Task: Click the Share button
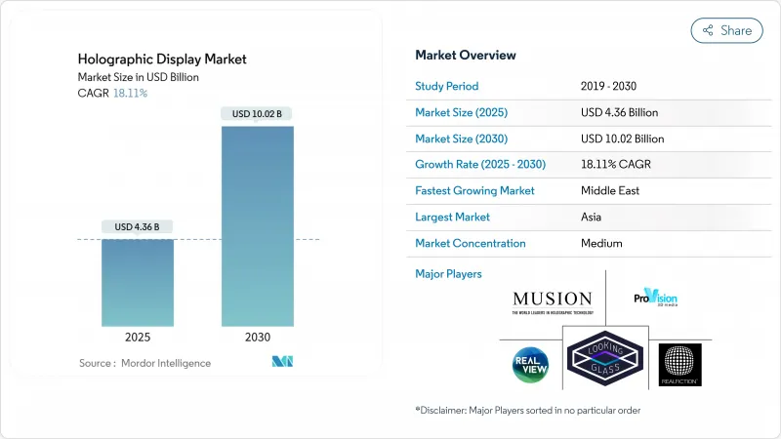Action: coord(726,30)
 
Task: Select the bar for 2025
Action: coord(138,283)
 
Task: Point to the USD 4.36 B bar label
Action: coord(138,227)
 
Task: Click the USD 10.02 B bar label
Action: coord(257,114)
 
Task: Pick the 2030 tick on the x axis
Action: coord(257,337)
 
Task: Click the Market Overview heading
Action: coord(466,56)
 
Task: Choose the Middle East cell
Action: coord(609,191)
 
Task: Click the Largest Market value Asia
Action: coord(592,218)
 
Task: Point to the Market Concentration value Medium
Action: coord(601,244)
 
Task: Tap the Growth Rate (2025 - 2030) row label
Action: coord(480,165)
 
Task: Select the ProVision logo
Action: coord(654,299)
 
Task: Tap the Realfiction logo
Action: coord(679,365)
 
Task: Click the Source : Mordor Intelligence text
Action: coord(144,363)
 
